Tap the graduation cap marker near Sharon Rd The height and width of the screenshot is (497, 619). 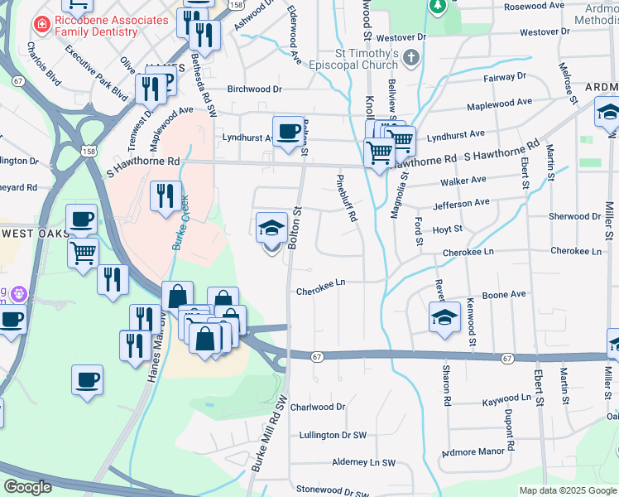pos(444,317)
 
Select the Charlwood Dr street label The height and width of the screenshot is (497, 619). pos(316,407)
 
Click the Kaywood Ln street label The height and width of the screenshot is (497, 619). pos(506,398)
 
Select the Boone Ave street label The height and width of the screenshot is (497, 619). pos(504,294)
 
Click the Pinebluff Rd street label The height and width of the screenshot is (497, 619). pos(350,198)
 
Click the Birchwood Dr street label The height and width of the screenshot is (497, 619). pos(255,89)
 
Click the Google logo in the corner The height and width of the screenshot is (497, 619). pos(27,487)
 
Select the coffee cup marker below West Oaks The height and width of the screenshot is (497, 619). pos(87,380)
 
